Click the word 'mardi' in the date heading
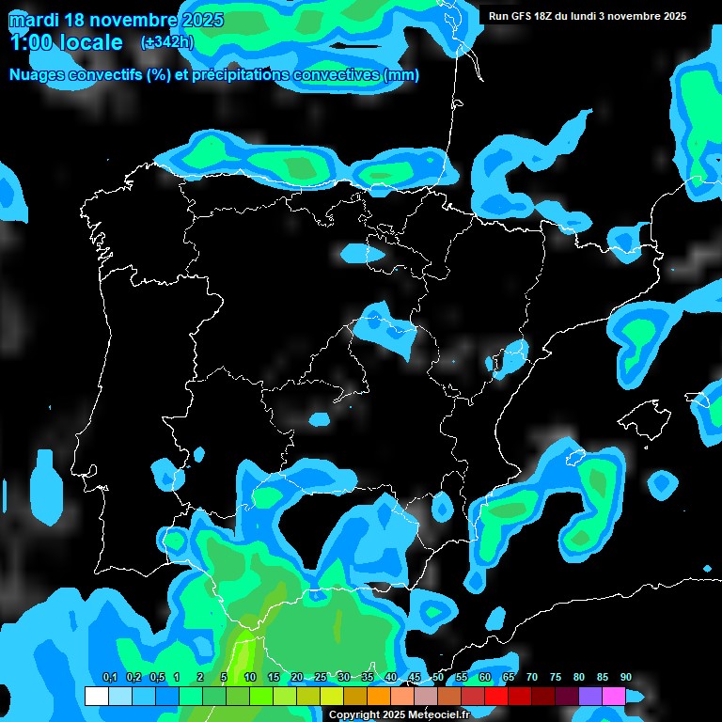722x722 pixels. [33, 20]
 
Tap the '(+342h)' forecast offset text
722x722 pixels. [167, 42]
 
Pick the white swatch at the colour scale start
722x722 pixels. [96, 697]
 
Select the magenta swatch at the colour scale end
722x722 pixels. [614, 697]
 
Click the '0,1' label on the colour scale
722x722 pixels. [109, 678]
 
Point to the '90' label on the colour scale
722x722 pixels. [626, 678]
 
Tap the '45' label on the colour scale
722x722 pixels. [415, 678]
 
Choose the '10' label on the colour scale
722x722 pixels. [250, 678]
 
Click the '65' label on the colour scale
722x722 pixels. [509, 678]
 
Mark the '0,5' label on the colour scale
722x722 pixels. [156, 678]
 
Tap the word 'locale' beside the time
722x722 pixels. [91, 42]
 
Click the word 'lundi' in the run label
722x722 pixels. [595, 16]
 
